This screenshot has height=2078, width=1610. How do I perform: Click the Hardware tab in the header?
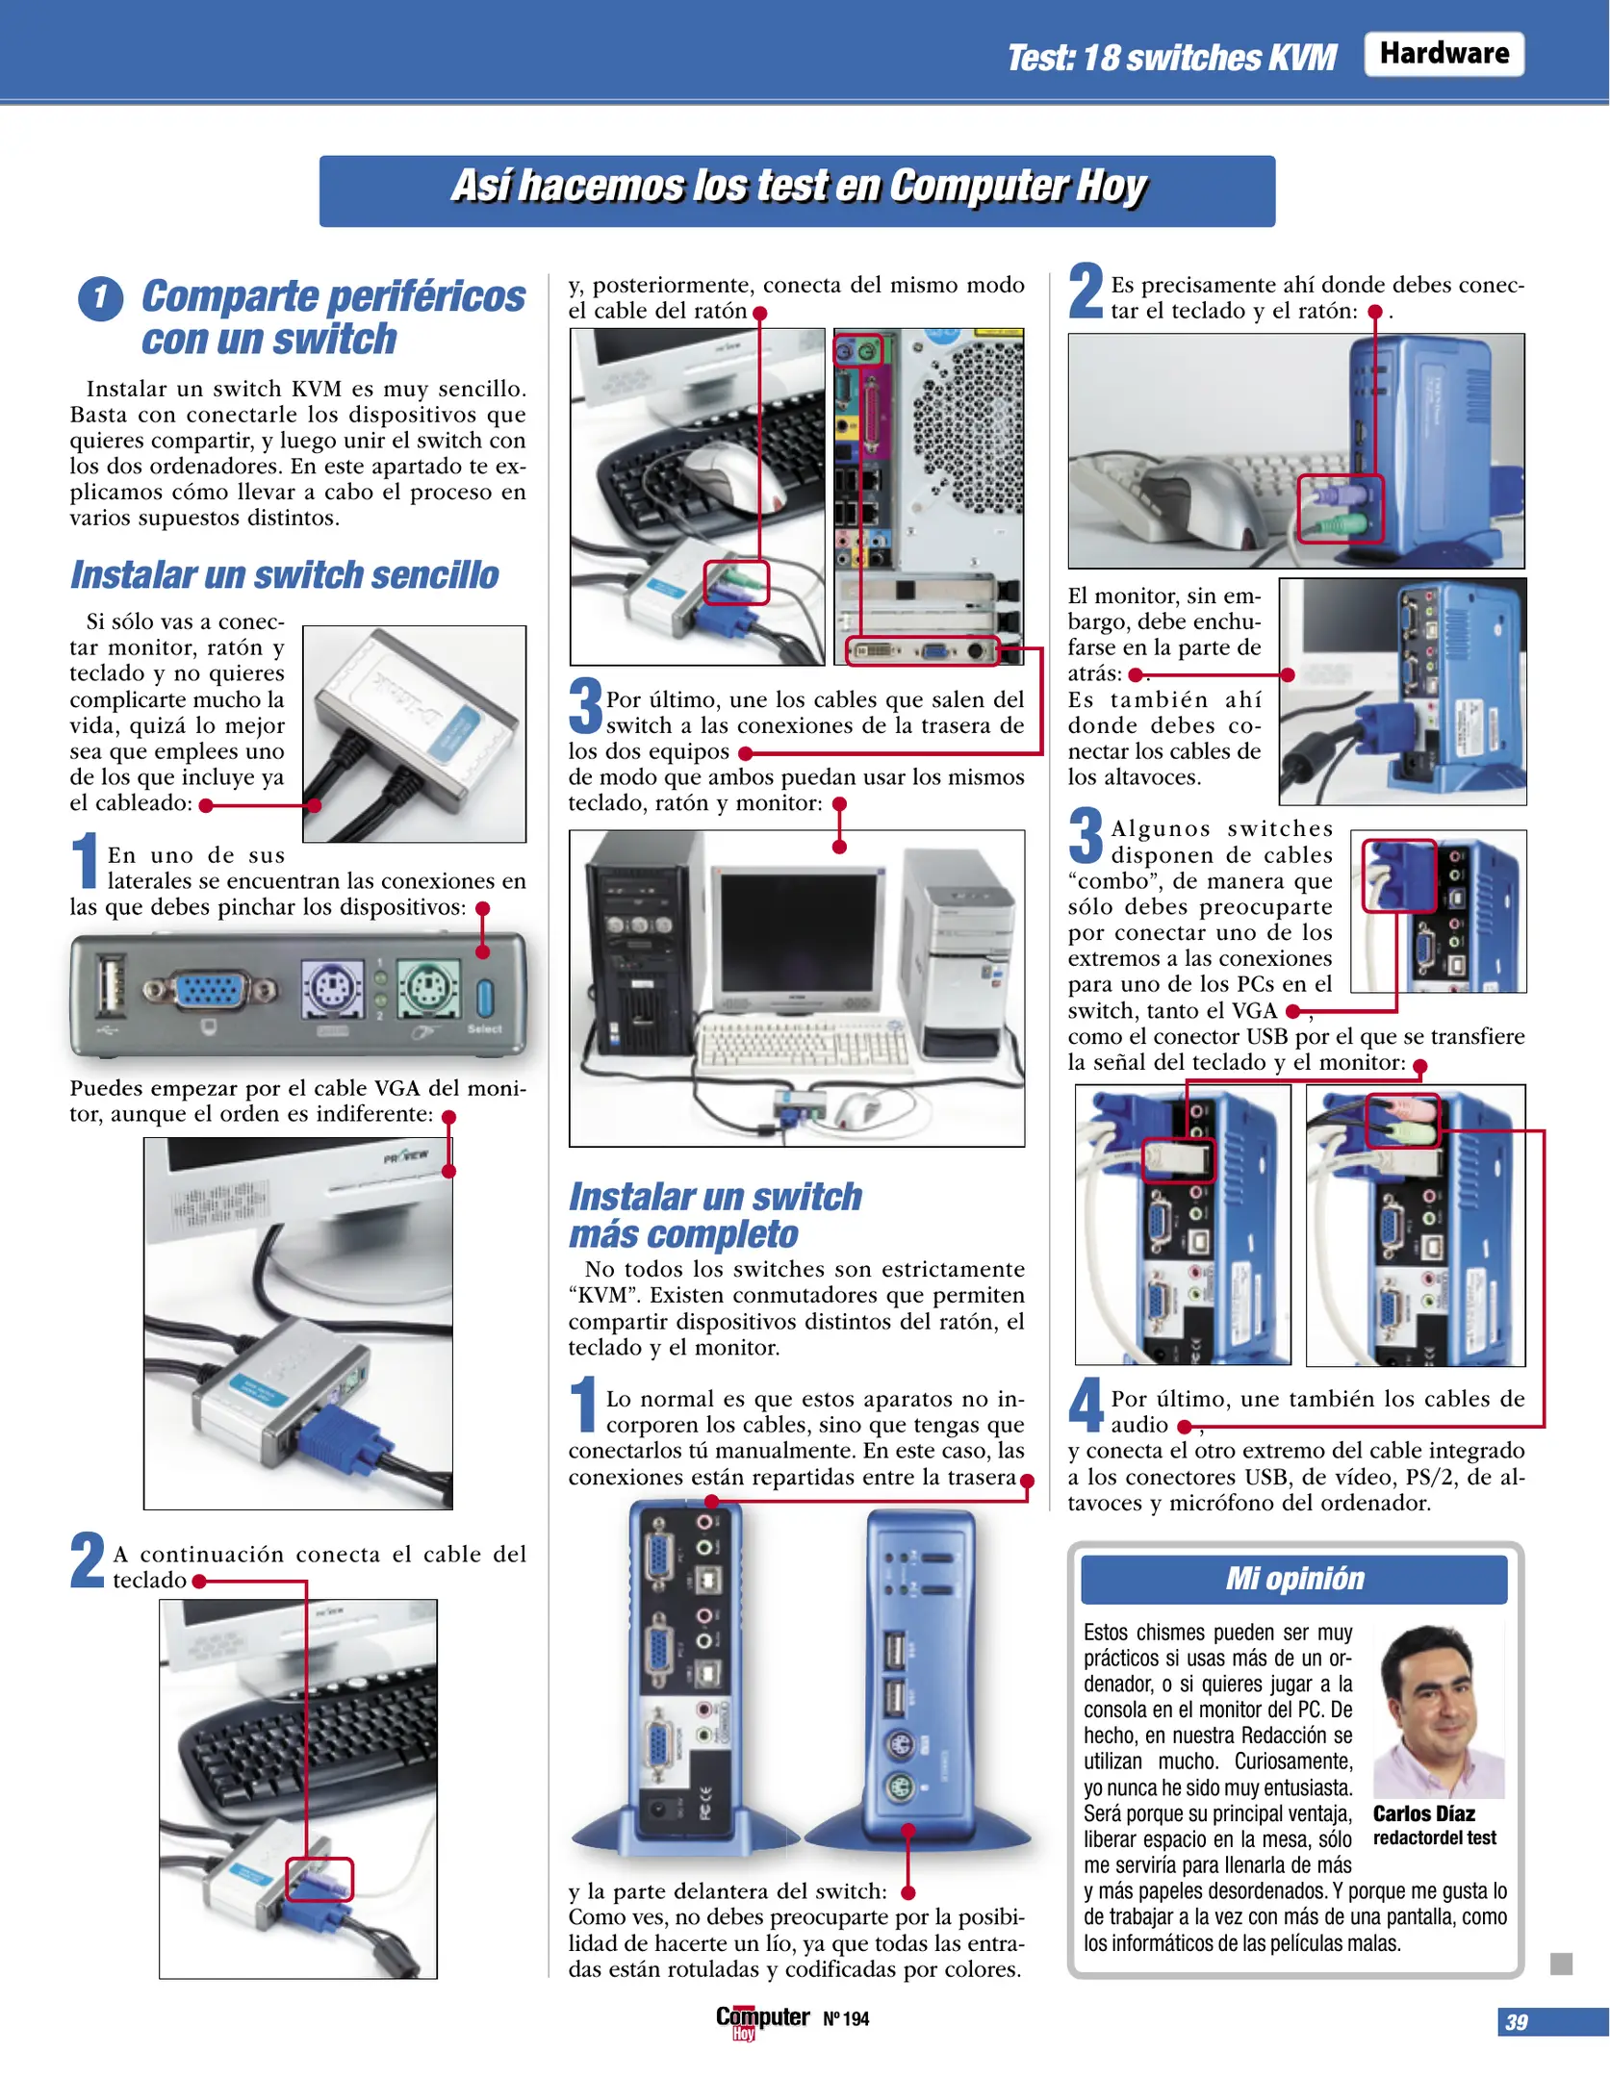point(1443,54)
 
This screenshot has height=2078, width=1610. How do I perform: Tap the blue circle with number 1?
point(100,298)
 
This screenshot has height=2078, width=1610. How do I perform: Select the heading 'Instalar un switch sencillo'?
point(285,575)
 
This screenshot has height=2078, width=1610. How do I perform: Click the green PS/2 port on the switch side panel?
point(427,989)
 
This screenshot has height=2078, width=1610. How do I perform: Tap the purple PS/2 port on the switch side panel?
point(332,989)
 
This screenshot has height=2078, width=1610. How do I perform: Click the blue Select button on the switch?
point(485,998)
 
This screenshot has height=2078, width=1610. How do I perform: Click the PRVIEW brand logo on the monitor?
point(405,1156)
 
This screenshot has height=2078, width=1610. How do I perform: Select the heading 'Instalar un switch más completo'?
point(714,1215)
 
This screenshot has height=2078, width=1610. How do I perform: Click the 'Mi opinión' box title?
point(1293,1579)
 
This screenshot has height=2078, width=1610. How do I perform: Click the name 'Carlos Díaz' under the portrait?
point(1422,1813)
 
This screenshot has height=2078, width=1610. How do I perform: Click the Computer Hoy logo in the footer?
point(761,2019)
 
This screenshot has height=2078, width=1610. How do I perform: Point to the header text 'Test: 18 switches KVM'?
point(1170,58)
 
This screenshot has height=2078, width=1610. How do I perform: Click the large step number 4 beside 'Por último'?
point(1086,1406)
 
